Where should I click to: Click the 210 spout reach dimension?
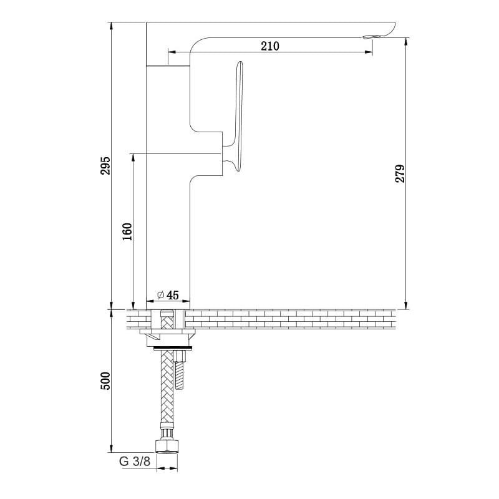coord(270,46)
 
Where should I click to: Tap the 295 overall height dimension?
coord(105,165)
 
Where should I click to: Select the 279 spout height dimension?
coord(400,173)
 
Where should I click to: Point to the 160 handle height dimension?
coord(127,231)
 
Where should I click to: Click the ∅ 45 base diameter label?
coord(168,295)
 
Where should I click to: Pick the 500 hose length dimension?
coord(105,380)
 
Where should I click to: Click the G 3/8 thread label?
coord(135,461)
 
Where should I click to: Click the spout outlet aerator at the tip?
coord(369,37)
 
